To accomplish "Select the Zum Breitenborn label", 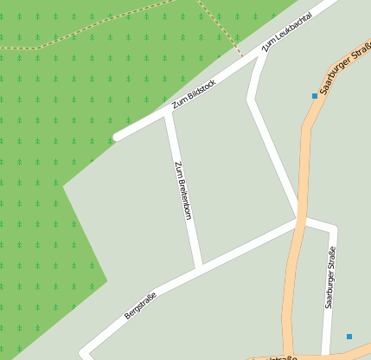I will click(182, 190).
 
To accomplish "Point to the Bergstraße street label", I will click(140, 305).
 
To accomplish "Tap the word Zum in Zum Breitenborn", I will click(177, 168).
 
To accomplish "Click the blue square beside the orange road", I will click(314, 96).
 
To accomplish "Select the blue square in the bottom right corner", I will click(349, 336).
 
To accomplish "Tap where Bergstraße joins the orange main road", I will click(299, 220).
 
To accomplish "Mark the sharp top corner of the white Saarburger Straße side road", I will click(334, 229).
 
